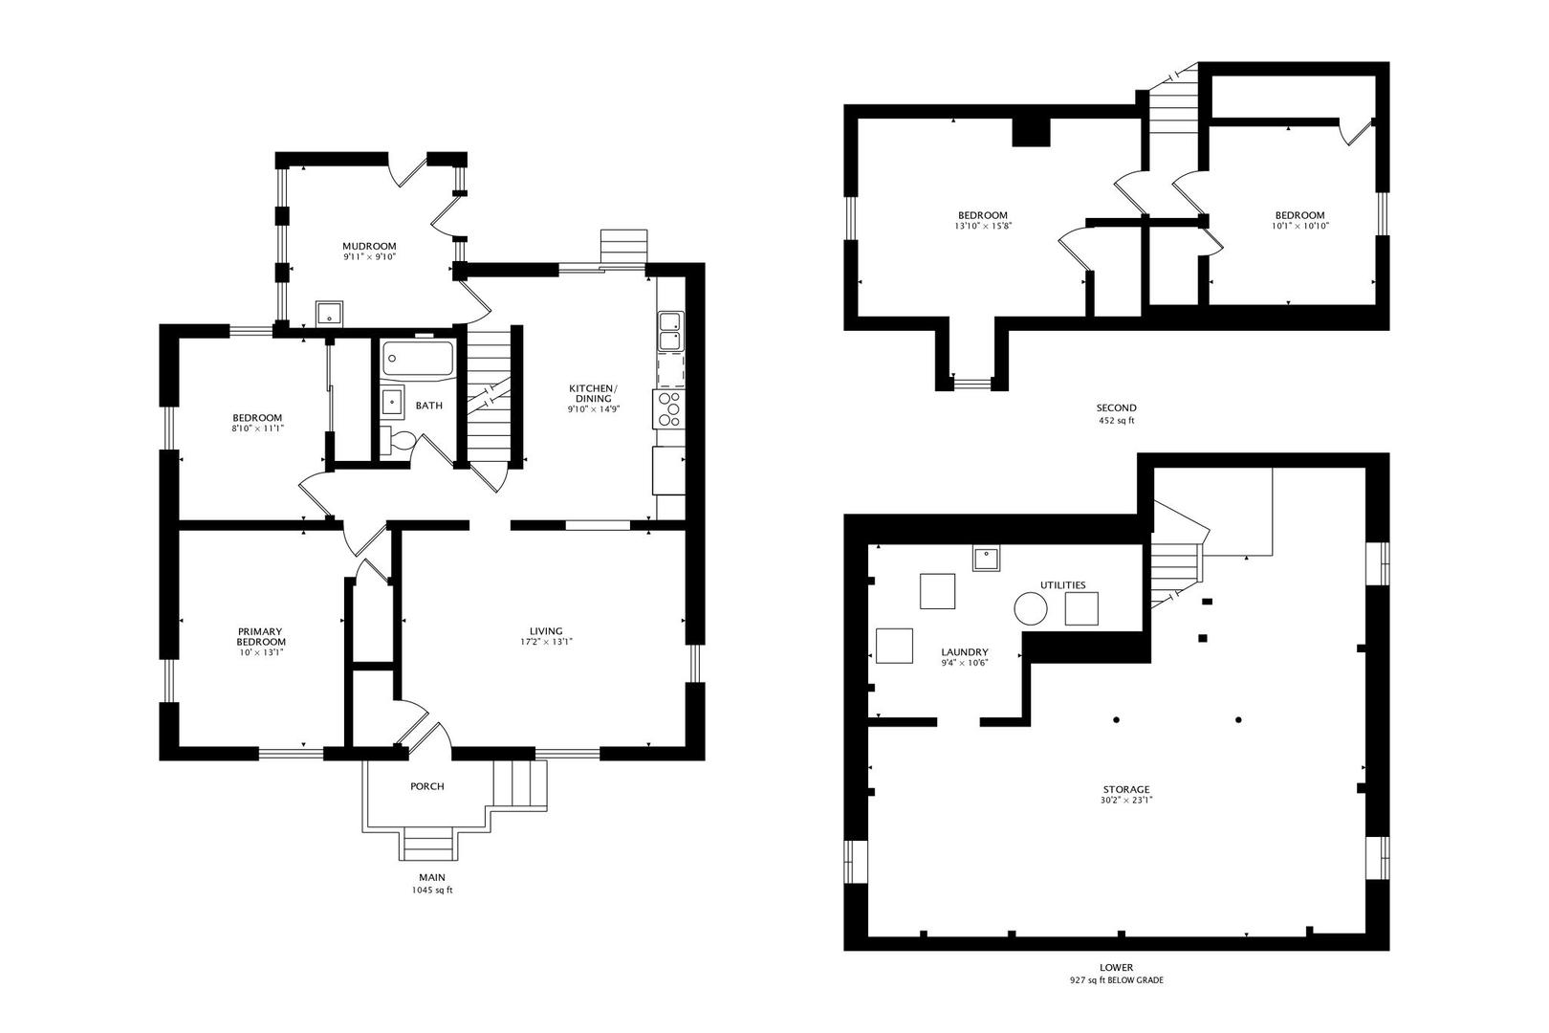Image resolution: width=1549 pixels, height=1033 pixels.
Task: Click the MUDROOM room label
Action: pos(369,246)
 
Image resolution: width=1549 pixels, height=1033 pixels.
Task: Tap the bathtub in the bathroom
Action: pos(418,359)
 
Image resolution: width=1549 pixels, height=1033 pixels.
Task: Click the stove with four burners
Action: pos(668,409)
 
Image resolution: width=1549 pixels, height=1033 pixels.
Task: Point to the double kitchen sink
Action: pos(670,331)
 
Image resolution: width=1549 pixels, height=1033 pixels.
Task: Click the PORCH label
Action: pos(427,786)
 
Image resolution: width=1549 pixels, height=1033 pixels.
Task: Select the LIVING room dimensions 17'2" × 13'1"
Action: pos(546,642)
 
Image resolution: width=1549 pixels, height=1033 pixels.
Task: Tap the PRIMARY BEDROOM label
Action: pos(260,637)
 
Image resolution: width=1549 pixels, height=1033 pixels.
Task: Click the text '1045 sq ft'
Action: pos(432,890)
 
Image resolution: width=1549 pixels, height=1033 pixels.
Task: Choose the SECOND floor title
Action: pos(1116,407)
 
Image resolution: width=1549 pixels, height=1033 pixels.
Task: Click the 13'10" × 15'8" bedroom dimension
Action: pos(983,226)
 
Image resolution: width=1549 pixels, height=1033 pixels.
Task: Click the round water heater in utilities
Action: pos(1031,609)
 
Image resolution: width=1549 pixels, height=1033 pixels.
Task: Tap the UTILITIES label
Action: pos(1063,585)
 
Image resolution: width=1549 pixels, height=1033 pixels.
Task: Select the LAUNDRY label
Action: pos(965,651)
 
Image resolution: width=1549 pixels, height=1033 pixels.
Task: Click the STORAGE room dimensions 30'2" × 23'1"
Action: pos(1126,801)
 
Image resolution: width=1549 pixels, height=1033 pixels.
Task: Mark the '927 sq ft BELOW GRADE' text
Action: pos(1116,980)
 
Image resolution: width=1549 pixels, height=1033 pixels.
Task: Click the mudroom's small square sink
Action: pos(329,314)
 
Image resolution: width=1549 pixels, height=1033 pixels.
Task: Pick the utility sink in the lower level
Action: pos(986,559)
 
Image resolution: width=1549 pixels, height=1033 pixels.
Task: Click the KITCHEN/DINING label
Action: pos(594,393)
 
